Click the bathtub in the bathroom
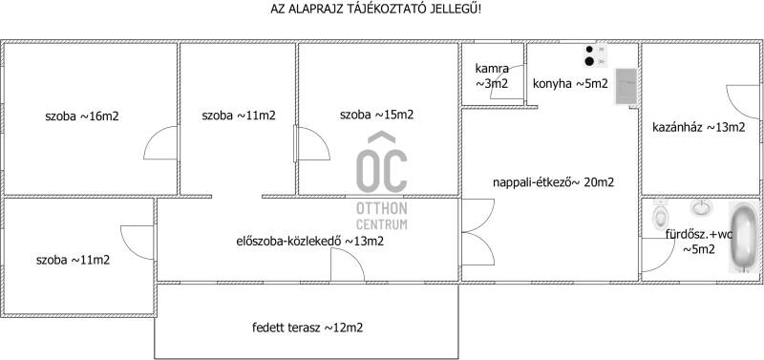pos(745,237)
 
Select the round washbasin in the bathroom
pos(701,207)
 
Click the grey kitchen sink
pos(626,86)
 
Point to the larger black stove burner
pos(589,61)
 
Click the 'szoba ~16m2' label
pos(82,116)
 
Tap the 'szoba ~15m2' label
pos(376,115)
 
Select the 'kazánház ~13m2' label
pos(699,128)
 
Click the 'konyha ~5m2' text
pos(570,84)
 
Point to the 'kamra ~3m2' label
pos(492,76)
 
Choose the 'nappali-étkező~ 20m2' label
pos(553,182)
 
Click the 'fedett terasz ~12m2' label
pos(308,328)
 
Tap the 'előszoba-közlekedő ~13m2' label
pos(309,241)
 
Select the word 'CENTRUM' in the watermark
pos(381,224)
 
